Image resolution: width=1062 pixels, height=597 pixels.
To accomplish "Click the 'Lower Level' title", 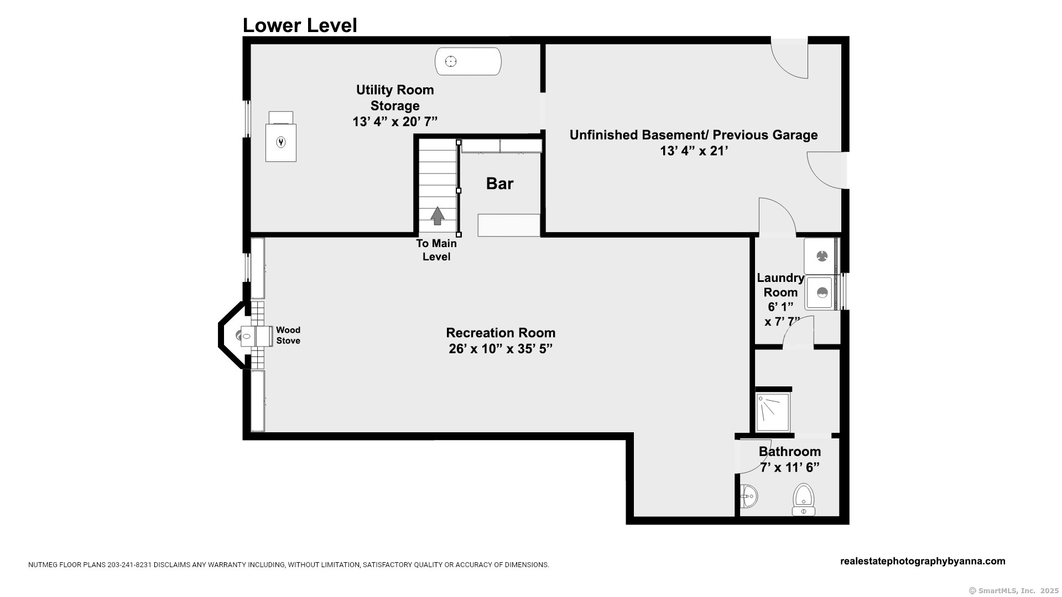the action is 300,25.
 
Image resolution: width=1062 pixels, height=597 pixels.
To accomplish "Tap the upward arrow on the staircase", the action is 438,216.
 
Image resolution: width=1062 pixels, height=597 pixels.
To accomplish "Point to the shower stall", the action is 773,412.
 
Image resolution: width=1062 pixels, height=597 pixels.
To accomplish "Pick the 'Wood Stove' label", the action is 288,336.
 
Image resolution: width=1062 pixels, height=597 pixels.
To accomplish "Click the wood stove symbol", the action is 256,336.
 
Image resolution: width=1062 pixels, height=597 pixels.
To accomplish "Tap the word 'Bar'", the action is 500,184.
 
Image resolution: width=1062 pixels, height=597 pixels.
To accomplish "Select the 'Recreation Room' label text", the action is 501,333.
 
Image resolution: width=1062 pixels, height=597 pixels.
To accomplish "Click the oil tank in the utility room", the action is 468,61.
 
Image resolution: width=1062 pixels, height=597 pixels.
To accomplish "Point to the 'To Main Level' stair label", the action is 436,250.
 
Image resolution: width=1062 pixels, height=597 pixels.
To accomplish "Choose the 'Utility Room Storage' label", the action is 395,98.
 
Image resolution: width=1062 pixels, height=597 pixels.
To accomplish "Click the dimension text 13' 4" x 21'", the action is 694,151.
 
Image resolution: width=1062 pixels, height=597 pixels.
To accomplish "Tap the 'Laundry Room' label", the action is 780,285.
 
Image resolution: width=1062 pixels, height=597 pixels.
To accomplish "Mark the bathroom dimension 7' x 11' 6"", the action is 789,468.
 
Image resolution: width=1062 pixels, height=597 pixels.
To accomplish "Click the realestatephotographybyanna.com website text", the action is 923,561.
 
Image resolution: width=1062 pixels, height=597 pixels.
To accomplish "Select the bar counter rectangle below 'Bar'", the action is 509,225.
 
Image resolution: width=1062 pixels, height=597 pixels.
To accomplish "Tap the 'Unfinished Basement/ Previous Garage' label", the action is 694,135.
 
